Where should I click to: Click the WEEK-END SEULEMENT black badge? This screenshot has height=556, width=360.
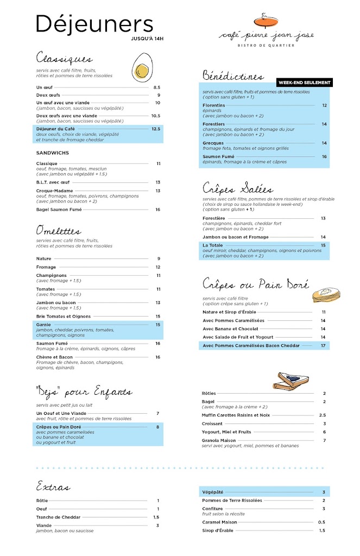[304, 83]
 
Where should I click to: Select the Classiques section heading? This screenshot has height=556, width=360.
[64, 58]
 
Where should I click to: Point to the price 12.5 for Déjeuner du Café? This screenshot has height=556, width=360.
[156, 129]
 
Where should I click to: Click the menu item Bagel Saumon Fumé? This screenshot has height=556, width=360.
[59, 210]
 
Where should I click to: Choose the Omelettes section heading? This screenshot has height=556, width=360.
[59, 231]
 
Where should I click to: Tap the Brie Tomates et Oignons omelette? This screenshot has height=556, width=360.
[64, 317]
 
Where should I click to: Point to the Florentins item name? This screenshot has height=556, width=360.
[214, 105]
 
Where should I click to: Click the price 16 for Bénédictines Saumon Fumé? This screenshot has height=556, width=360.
[324, 157]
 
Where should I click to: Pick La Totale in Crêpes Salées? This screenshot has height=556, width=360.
[213, 245]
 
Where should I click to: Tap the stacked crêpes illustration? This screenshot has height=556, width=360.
[326, 294]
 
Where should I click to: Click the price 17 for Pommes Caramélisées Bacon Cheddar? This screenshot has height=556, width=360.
[323, 345]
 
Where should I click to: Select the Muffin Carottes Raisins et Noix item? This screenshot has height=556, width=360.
[236, 415]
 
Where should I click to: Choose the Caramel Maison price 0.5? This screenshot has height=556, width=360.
[322, 522]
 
